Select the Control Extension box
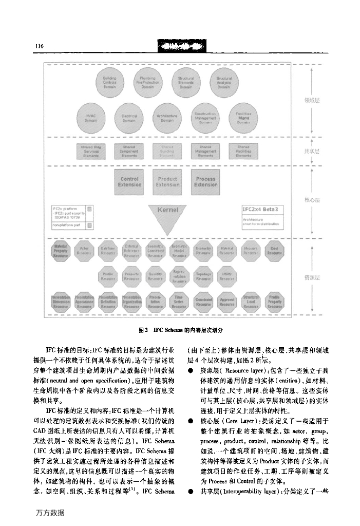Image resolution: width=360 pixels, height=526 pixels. click(x=129, y=181)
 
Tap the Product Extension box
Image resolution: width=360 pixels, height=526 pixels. click(x=167, y=181)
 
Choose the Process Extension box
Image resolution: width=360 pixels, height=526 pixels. click(x=205, y=181)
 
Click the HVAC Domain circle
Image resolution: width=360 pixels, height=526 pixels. click(x=91, y=118)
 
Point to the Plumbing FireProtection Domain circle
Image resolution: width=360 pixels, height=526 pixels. click(x=148, y=82)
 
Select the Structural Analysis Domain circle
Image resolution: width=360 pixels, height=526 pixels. click(x=224, y=82)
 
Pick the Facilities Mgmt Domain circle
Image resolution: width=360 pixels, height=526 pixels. click(x=243, y=118)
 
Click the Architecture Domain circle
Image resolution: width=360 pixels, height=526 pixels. click(x=167, y=118)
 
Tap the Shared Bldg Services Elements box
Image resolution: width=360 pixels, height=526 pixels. click(x=91, y=151)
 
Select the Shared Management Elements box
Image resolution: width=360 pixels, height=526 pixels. click(x=205, y=151)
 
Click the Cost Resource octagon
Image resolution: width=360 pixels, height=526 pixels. click(x=275, y=251)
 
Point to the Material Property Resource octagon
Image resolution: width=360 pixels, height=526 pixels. click(x=61, y=251)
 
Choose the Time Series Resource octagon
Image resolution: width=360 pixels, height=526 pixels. click(x=179, y=303)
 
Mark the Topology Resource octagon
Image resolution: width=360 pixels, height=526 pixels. click(x=203, y=277)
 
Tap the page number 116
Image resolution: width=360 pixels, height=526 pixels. click(x=39, y=47)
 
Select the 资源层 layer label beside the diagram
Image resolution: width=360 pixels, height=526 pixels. click(x=312, y=277)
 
